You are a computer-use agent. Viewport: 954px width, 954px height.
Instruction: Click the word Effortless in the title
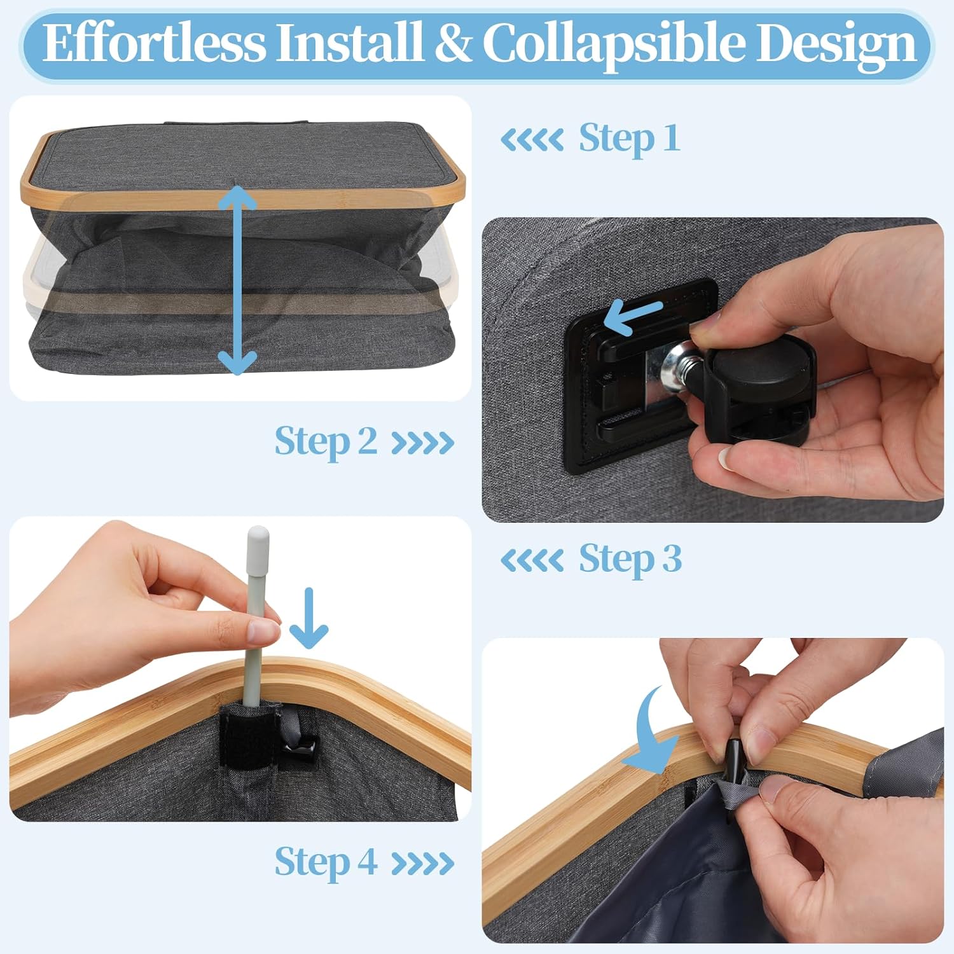(155, 43)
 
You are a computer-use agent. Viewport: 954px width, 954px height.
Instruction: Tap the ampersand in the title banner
(452, 43)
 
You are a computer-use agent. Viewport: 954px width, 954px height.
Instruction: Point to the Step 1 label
(629, 138)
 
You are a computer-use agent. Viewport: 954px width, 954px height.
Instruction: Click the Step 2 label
(326, 441)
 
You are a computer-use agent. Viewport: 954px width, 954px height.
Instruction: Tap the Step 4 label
(326, 862)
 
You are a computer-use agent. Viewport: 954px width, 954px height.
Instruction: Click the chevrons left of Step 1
(532, 139)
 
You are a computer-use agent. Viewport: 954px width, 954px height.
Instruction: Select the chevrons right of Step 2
(423, 443)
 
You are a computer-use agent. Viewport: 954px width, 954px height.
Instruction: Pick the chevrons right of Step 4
(423, 864)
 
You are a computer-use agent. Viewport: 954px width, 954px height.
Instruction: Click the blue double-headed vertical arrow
(237, 280)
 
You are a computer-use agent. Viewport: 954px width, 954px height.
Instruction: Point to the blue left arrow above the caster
(633, 316)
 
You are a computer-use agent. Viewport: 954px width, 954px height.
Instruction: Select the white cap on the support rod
(258, 540)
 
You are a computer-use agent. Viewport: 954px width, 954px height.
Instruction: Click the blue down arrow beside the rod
(309, 618)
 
